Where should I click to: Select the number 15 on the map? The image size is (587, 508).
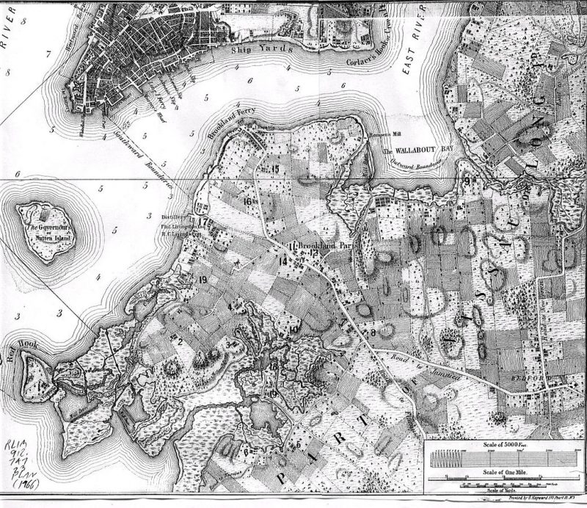[x=276, y=170]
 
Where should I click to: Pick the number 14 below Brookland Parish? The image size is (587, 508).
[x=283, y=261]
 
